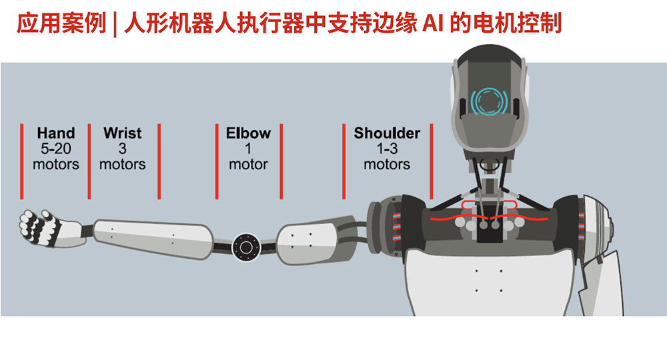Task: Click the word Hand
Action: [x=56, y=133]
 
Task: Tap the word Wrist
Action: [x=123, y=133]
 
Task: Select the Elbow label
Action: [x=248, y=133]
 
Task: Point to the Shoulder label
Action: [x=387, y=133]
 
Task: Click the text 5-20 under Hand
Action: [x=56, y=149]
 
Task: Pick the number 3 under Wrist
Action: [x=123, y=149]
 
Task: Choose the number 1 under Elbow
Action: [x=248, y=149]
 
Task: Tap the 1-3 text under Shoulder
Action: [x=387, y=149]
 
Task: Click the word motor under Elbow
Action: [x=248, y=165]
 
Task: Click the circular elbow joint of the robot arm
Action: [x=246, y=247]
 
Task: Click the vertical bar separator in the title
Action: [x=115, y=24]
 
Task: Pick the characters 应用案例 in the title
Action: [x=61, y=23]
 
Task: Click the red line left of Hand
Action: [x=22, y=161]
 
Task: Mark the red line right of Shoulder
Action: [x=432, y=161]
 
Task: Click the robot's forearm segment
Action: [x=153, y=238]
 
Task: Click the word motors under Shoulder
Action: [x=387, y=165]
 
